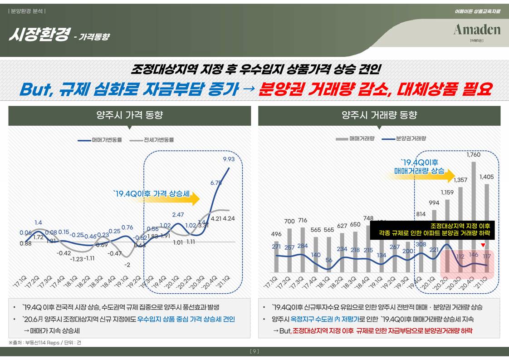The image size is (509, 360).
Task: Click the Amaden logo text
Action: point(476,30)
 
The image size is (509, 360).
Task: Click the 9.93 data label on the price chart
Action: point(229,159)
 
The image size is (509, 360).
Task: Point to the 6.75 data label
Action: point(216,182)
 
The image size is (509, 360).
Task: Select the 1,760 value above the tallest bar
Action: point(473,155)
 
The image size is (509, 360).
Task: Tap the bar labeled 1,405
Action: point(486,227)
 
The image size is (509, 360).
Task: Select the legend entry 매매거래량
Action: point(356,138)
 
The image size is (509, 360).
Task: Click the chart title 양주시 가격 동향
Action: point(129,115)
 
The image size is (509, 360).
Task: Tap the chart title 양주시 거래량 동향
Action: point(379,115)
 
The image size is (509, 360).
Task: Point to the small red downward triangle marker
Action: point(484,246)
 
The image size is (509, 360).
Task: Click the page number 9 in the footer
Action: point(254,351)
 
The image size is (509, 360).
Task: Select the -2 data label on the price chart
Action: point(127,265)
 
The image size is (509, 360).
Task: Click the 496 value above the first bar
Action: point(276,234)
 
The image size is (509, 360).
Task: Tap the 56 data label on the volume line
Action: point(329,261)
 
